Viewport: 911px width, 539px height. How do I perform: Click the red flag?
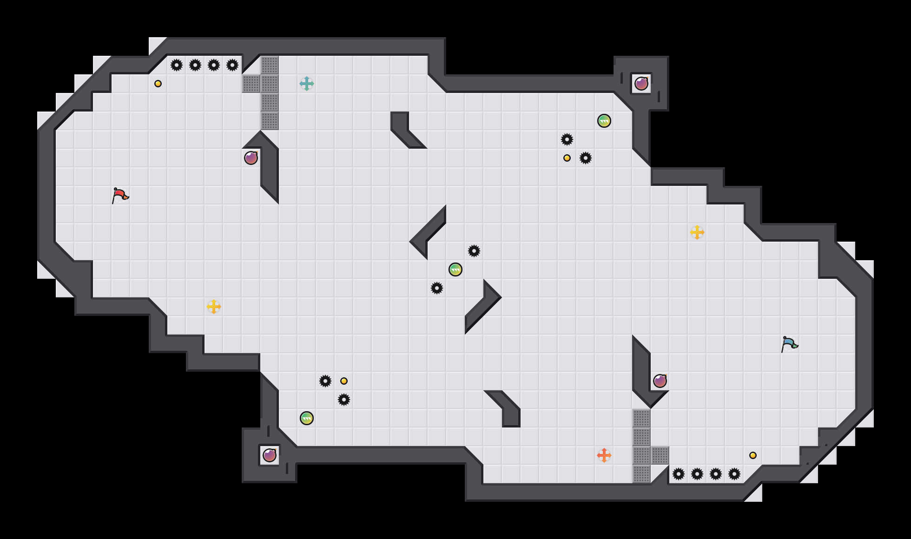point(119,195)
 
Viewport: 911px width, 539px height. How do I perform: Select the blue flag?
point(789,344)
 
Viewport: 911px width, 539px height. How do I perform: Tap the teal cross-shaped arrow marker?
point(307,84)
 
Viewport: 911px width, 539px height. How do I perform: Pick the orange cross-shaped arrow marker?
point(604,455)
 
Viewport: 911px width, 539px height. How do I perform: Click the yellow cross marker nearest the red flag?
point(214,307)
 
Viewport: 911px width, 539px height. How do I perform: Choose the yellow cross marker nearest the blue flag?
point(697,232)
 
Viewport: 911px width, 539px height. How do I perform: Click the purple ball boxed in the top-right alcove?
point(641,84)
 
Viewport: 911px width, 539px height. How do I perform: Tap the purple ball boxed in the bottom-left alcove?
point(270,455)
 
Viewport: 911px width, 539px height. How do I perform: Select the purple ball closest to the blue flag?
point(660,381)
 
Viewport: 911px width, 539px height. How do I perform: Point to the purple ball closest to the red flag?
point(251,158)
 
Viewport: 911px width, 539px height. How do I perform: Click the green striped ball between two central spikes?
point(455,269)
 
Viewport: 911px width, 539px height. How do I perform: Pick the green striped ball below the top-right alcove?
point(604,121)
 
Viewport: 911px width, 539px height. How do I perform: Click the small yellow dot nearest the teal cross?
point(158,84)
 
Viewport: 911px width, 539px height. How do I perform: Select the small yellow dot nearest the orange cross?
point(753,455)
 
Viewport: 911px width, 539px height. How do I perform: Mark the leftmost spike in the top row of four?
point(177,65)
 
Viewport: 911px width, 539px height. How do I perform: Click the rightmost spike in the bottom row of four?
point(734,474)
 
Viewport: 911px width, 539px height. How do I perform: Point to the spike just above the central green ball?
point(474,251)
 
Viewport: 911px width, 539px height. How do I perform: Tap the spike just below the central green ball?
point(437,288)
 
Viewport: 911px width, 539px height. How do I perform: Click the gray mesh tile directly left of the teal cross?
point(270,84)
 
